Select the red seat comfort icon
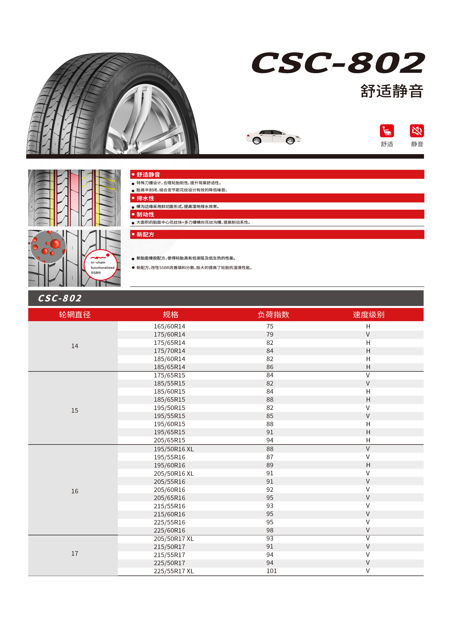[x=387, y=131]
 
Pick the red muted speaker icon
[x=417, y=131]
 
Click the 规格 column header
[x=170, y=315]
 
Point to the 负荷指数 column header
[x=273, y=315]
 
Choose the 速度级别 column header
[x=368, y=315]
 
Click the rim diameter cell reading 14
[x=75, y=346]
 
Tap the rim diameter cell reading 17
[x=75, y=553]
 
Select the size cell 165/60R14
[x=169, y=326]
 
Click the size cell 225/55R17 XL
[x=174, y=571]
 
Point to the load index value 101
[x=271, y=571]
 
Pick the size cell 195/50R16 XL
[x=174, y=449]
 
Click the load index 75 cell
[x=270, y=326]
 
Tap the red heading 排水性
[x=145, y=198]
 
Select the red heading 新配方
[x=145, y=234]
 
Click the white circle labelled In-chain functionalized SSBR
[x=100, y=265]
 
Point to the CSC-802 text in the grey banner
[x=60, y=298]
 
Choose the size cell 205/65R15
[x=169, y=440]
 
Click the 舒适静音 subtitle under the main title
[x=392, y=91]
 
